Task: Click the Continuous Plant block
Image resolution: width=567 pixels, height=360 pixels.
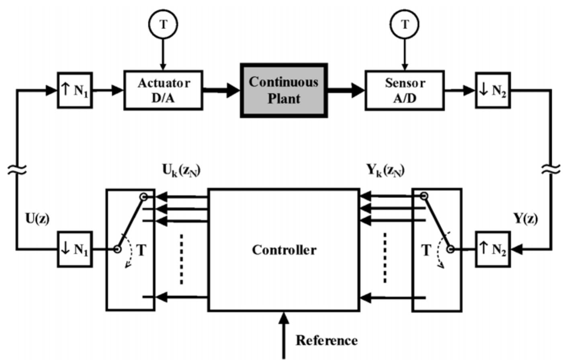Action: [284, 90]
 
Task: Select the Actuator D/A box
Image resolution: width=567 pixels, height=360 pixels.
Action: [163, 90]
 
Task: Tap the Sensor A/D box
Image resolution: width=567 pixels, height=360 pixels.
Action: [404, 90]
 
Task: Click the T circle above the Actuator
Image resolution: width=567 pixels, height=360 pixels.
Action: [163, 24]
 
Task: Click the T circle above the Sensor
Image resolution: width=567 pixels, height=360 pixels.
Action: [405, 24]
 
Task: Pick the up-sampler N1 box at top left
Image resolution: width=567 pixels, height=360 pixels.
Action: [75, 90]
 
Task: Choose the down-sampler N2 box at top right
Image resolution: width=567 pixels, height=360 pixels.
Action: [493, 90]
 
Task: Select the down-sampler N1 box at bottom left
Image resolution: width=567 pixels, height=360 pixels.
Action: [75, 249]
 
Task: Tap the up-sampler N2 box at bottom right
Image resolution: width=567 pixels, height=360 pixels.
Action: [493, 249]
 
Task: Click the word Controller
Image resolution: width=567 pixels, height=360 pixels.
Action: [284, 250]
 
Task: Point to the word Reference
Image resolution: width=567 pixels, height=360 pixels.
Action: [326, 340]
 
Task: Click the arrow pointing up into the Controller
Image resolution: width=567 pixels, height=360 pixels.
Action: [284, 333]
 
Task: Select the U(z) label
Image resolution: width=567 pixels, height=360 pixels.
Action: [37, 219]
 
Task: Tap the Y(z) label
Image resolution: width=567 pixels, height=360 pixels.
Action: [525, 219]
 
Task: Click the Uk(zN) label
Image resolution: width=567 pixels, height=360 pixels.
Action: [181, 170]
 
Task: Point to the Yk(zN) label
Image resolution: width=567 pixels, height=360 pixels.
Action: [385, 170]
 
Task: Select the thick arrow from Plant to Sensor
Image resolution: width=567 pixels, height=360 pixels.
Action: [346, 90]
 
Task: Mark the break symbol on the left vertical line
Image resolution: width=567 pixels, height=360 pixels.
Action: [16, 170]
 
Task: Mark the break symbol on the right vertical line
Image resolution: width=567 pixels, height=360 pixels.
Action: [551, 170]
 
